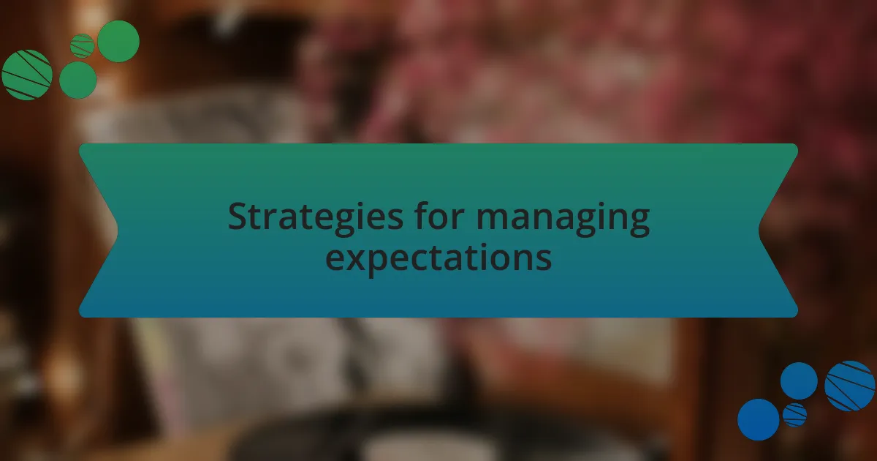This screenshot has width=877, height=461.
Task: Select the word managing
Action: coord(563,219)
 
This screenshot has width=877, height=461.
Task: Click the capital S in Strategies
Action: coord(238,216)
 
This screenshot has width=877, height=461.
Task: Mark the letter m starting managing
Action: coord(493,219)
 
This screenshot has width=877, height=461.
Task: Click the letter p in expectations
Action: coord(392,263)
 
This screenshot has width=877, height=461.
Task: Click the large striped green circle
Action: coord(27,75)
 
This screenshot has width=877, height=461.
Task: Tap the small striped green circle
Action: coord(82,46)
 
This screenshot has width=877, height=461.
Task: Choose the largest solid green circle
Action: coord(118,41)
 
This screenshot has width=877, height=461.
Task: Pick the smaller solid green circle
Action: coord(78,80)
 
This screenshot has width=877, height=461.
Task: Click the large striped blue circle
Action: coord(849,386)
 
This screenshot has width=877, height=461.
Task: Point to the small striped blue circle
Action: coord(795,415)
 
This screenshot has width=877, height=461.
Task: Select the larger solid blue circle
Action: coord(759,419)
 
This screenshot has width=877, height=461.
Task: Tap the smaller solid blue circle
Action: coord(799,381)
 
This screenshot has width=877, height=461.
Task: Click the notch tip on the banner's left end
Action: coord(118,230)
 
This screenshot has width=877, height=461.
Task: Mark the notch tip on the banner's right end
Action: coord(759,230)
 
